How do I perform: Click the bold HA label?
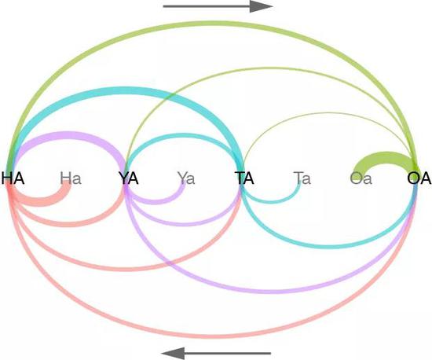tap(13, 178)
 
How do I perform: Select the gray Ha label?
tap(71, 178)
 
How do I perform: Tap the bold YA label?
tap(129, 178)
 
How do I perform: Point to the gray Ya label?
tap(186, 178)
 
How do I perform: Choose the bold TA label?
tap(244, 178)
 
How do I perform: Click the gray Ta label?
tap(302, 178)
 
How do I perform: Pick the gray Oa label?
tap(361, 178)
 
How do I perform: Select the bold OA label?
tap(419, 178)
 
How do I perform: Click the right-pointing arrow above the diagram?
tap(218, 6)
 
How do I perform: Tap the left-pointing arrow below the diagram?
tap(216, 353)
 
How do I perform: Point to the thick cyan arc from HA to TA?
tap(124, 91)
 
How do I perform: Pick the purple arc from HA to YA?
tap(69, 135)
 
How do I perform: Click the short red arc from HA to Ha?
tap(42, 202)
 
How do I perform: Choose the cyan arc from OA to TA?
tap(329, 244)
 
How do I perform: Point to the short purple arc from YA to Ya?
tap(156, 201)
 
